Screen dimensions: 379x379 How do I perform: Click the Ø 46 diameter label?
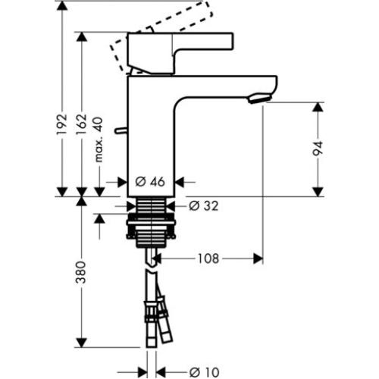click(150, 182)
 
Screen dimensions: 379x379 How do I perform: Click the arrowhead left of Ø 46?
click(120, 182)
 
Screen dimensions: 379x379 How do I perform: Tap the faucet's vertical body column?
click(155, 129)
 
